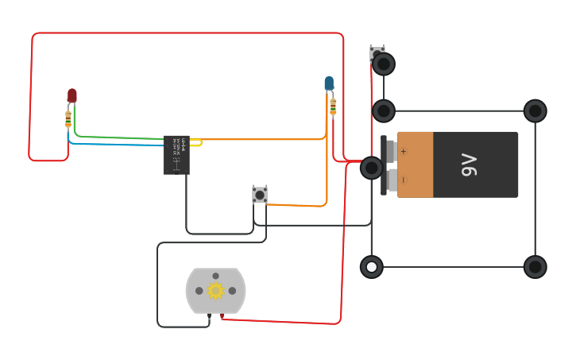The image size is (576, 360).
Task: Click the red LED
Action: [72, 95]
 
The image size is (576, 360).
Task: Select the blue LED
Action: [329, 83]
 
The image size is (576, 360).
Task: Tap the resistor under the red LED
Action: [68, 119]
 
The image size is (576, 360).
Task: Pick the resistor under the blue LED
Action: [333, 106]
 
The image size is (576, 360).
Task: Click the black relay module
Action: [176, 154]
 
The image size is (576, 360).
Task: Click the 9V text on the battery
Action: [470, 165]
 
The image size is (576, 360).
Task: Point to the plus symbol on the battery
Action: [403, 151]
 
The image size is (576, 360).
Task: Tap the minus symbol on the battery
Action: [403, 180]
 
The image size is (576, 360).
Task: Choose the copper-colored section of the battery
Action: [416, 165]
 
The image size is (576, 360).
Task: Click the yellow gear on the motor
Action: [215, 291]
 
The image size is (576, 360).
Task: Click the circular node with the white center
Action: [371, 267]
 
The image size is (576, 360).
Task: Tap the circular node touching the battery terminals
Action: [371, 168]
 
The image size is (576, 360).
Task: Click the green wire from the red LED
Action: [119, 137]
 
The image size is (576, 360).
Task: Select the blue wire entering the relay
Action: [119, 145]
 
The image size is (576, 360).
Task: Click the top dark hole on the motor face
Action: [215, 276]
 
